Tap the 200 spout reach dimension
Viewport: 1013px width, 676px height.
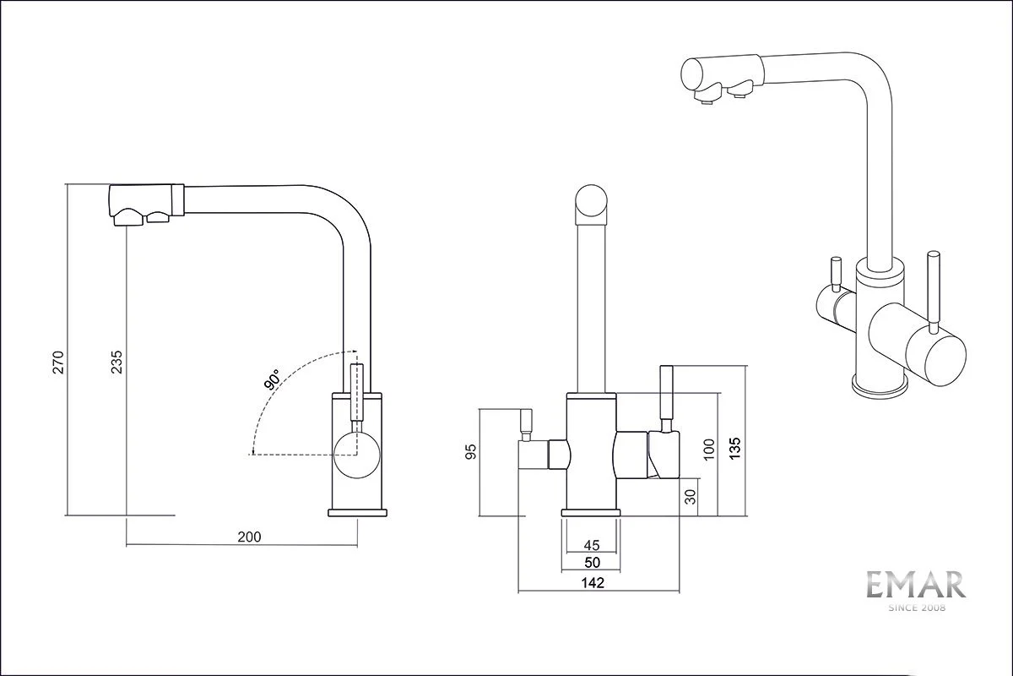249,537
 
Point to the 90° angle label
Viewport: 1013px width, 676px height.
272,380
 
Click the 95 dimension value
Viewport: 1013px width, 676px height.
471,453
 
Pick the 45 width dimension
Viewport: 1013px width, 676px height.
591,544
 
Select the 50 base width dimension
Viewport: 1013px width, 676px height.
591,561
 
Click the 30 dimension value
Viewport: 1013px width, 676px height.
691,498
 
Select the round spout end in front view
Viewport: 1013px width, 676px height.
591,204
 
